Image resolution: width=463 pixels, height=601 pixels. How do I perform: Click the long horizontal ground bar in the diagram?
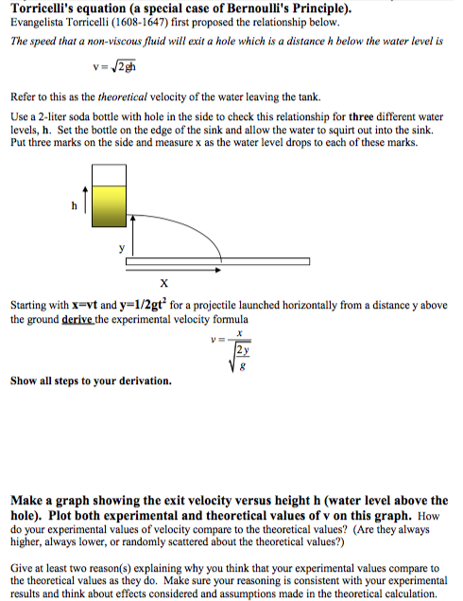217,260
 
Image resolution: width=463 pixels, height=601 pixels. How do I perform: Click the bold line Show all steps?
91,381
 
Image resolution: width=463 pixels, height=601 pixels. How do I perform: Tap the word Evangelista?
41,26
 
